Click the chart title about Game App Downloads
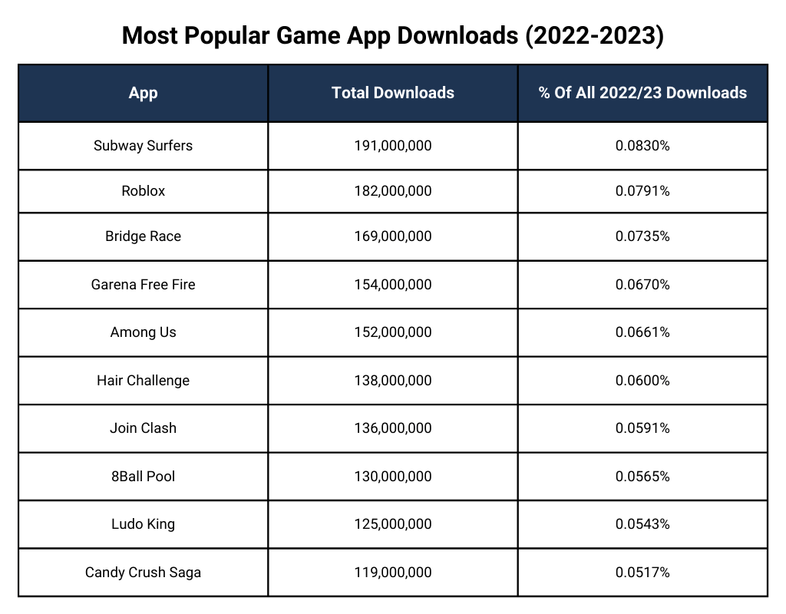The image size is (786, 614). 392,35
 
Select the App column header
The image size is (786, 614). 144,93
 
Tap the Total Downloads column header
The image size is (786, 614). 393,93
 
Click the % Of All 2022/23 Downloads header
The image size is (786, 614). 642,93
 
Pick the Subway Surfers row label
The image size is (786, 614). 144,145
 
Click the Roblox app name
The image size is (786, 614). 144,191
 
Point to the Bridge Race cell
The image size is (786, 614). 144,236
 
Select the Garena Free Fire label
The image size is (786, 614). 144,285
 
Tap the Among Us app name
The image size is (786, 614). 144,332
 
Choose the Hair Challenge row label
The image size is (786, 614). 144,381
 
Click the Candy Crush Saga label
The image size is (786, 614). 144,573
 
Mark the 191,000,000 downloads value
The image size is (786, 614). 393,145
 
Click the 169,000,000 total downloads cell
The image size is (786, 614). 393,236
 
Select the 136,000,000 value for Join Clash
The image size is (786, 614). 393,428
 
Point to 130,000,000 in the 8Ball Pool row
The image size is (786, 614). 393,477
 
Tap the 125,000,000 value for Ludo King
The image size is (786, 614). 393,524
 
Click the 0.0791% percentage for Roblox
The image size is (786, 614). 642,191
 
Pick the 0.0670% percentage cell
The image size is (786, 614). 642,285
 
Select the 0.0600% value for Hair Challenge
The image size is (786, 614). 642,381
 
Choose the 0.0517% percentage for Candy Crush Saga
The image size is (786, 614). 642,573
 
